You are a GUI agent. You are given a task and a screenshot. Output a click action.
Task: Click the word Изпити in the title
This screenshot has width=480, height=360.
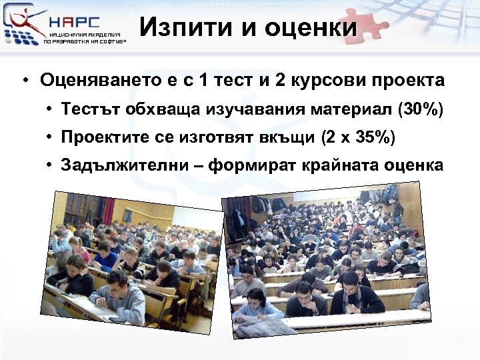[177, 28]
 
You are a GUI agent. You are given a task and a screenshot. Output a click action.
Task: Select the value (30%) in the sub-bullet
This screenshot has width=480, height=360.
[419, 109]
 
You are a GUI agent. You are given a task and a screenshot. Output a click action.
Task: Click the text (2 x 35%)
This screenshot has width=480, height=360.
[357, 137]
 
